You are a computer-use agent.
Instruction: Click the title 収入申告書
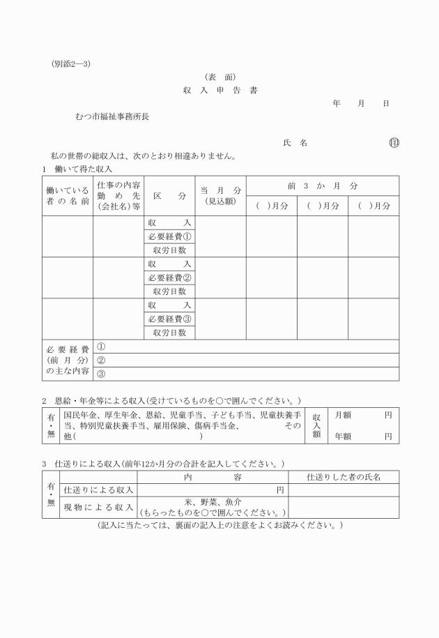[220, 91]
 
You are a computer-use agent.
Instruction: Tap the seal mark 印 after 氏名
[394, 143]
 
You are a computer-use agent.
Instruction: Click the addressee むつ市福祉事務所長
[111, 116]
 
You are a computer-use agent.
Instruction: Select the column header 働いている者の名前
[67, 196]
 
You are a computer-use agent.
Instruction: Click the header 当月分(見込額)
[221, 196]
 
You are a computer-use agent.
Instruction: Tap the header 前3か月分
[322, 186]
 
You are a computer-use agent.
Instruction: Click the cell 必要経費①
[170, 236]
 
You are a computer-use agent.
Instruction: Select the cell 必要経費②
[170, 278]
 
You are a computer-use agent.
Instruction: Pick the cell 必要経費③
[170, 319]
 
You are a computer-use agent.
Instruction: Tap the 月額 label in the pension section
[343, 415]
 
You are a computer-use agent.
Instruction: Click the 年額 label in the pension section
[343, 436]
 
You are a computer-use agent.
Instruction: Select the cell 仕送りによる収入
[98, 490]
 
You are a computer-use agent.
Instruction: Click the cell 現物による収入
[98, 507]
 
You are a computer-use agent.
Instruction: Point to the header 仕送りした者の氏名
[344, 477]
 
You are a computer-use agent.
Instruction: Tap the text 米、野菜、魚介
[213, 502]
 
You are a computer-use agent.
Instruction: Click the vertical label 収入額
[316, 425]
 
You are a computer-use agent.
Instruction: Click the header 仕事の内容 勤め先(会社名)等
[118, 196]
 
